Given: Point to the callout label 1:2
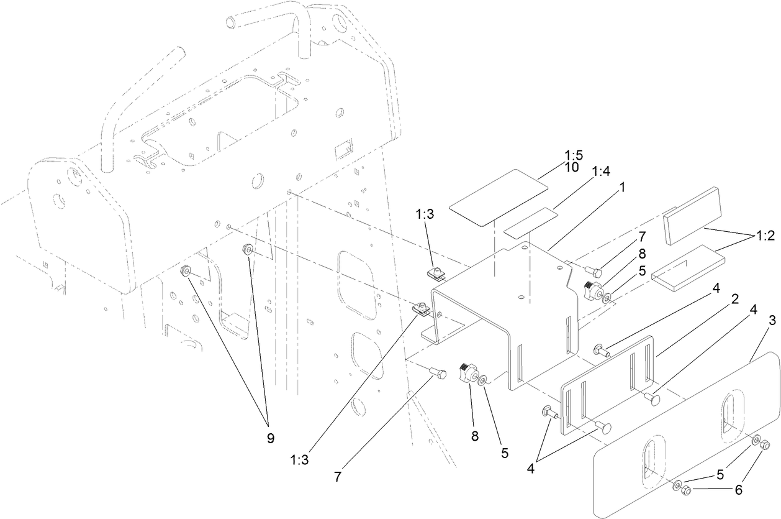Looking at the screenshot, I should (x=765, y=236).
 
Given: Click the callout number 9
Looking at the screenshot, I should (x=270, y=438).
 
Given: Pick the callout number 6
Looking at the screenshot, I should (x=738, y=489).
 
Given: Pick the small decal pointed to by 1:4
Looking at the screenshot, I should (x=531, y=223).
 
